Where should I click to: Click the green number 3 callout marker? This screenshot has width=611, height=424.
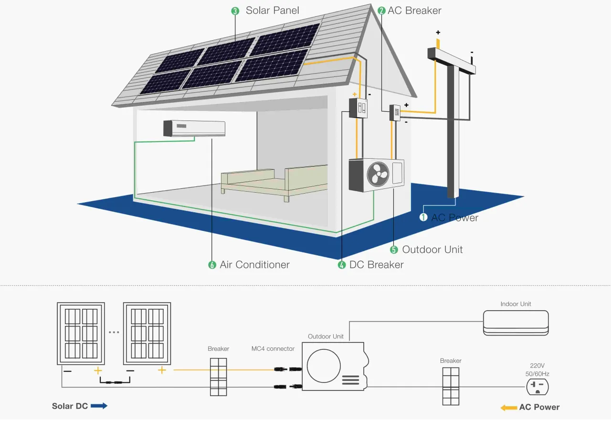coord(235,11)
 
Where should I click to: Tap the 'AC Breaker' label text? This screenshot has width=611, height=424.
coord(414,11)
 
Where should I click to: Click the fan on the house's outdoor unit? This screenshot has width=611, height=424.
coord(378,175)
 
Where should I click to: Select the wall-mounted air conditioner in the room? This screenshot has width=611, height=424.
coord(194,129)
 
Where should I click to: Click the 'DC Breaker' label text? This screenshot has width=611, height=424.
coord(376,265)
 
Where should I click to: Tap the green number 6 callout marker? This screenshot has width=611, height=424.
coord(212,265)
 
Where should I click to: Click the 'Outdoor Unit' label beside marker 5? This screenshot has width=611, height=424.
coord(432,250)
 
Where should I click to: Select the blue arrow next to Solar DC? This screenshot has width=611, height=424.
coord(99,406)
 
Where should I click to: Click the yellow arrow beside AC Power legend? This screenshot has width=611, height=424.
coord(508,407)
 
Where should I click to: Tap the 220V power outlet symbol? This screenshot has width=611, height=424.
coord(537,387)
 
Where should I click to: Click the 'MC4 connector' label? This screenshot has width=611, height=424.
coord(273,349)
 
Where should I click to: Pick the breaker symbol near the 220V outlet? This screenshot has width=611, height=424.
coord(451,387)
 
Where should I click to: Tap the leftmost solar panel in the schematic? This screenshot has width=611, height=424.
coord(81,333)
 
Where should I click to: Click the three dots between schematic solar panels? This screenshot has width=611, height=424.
coord(114,332)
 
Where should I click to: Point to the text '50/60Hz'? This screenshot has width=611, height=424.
coord(537,374)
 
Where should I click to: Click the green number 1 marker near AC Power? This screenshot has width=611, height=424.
coord(423,217)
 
